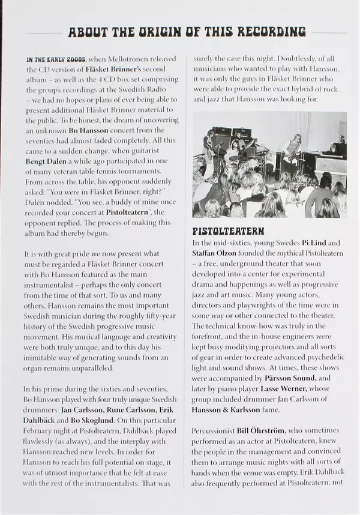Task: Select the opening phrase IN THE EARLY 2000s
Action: [x=56, y=59]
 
